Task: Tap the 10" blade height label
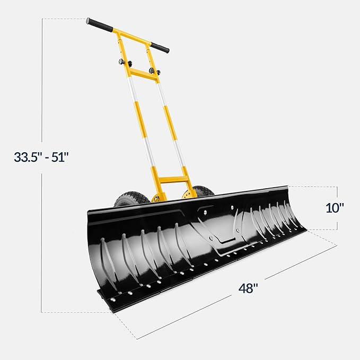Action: (x=335, y=207)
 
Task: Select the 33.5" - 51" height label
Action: (x=42, y=157)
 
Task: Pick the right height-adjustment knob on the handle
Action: (x=153, y=71)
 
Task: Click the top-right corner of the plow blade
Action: (x=286, y=187)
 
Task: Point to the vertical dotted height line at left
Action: (x=42, y=239)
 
